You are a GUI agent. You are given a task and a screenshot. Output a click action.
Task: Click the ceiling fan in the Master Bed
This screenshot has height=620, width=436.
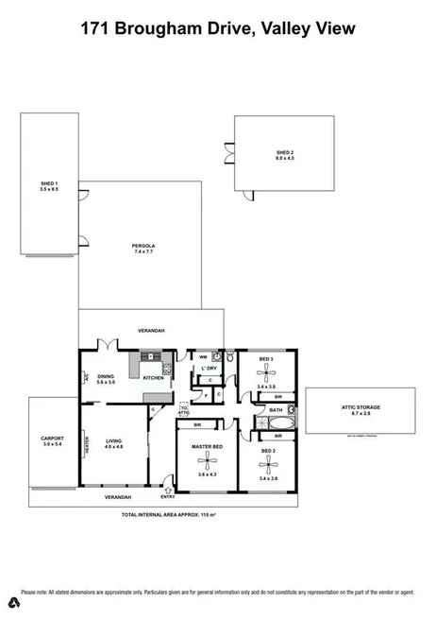[x=205, y=460]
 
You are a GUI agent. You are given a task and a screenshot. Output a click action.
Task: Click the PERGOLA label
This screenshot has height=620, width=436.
[x=143, y=250]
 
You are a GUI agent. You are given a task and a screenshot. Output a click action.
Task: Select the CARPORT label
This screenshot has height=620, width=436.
[x=52, y=439]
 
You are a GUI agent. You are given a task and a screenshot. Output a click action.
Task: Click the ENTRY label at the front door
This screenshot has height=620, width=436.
[x=167, y=496]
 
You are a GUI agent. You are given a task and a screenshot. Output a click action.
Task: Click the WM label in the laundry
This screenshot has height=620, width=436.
[x=203, y=356]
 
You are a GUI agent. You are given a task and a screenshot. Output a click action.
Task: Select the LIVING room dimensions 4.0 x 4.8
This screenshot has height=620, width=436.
[x=113, y=446]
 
